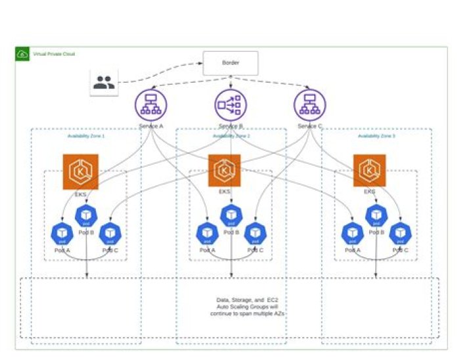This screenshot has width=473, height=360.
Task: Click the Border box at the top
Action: point(230,63)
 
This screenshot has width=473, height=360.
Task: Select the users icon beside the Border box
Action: point(104,83)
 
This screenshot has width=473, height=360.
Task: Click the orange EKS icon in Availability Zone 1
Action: point(80,171)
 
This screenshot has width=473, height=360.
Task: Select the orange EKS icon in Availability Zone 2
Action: point(225,171)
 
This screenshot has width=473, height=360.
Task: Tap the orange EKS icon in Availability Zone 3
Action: point(370,171)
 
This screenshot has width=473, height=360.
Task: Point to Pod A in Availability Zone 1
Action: point(62,233)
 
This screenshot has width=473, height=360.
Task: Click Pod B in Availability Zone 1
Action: point(86,215)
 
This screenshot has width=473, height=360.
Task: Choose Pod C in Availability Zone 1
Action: point(110,233)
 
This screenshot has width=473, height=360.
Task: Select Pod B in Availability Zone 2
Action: point(231,215)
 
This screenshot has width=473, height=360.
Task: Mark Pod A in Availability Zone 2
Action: point(208,233)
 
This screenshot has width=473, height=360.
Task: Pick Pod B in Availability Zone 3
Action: point(376,215)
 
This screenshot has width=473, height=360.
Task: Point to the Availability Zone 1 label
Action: point(86,136)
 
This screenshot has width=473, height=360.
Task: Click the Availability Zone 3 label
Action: point(376,136)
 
